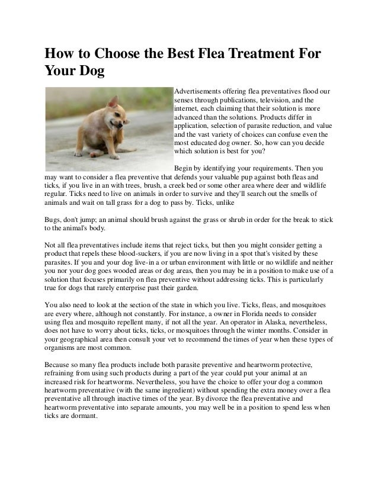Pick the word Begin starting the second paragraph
click(x=182, y=168)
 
